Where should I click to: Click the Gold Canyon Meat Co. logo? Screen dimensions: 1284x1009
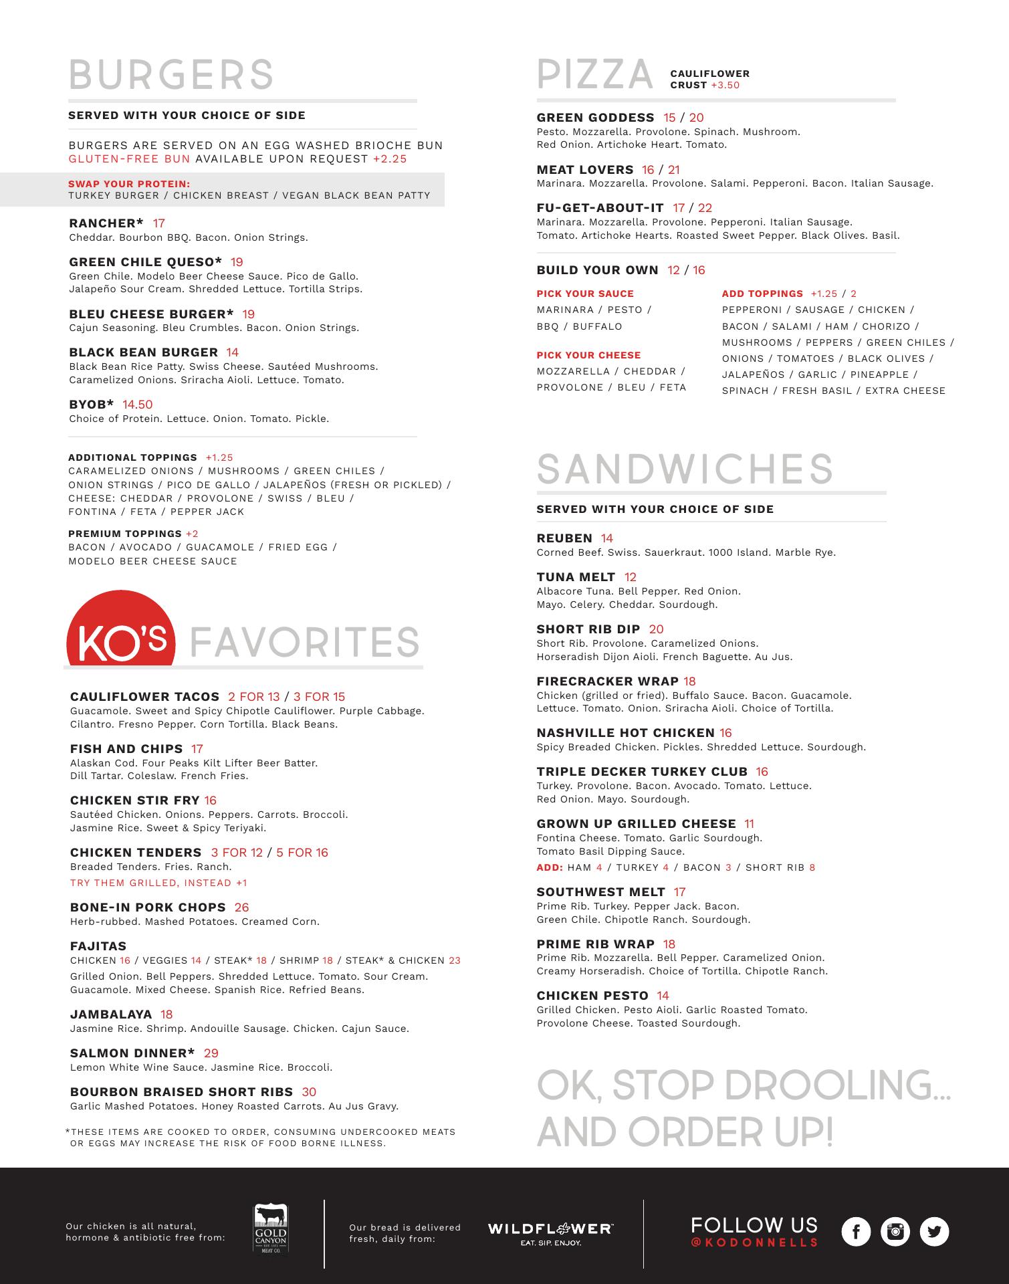[270, 1229]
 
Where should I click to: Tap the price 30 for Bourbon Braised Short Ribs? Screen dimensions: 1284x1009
[309, 1092]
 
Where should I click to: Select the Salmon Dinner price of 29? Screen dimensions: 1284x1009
[211, 1053]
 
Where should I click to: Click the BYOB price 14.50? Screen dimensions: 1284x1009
[138, 405]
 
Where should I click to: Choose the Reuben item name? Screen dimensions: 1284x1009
[564, 538]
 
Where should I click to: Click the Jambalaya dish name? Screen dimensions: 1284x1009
[111, 1014]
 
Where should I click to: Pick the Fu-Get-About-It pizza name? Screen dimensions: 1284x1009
[600, 208]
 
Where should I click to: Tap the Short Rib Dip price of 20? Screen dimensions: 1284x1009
[657, 629]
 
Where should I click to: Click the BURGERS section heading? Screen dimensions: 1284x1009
[171, 74]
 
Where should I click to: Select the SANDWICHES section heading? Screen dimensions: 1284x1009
[685, 469]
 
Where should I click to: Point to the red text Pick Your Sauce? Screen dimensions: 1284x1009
[585, 294]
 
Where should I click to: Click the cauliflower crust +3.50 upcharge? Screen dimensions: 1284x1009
[725, 85]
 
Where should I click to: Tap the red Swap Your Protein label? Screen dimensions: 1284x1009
[129, 184]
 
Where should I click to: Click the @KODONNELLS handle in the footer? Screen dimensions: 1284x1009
[754, 1243]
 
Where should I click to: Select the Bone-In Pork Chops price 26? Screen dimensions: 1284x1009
[241, 907]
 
